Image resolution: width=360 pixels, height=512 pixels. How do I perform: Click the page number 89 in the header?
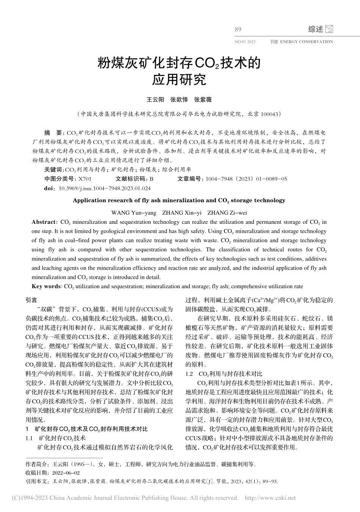pos(238,30)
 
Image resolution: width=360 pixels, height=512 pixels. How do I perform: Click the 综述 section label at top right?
pos(315,29)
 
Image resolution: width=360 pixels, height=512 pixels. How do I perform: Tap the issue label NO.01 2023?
pos(245,42)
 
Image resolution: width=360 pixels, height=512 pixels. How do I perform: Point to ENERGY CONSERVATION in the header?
pos(306,42)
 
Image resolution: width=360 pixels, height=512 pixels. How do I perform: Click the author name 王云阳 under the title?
pos(155,100)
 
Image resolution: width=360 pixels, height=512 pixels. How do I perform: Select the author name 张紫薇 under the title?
pos(203,100)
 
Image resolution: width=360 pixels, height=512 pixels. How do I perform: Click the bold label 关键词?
pos(53,170)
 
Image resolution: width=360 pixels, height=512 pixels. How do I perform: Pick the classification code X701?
pos(85,179)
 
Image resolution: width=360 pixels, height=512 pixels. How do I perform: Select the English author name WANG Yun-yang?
pos(134,213)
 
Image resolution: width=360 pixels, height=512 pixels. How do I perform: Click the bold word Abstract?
pos(44,222)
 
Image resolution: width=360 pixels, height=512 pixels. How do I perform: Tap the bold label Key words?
pos(46,286)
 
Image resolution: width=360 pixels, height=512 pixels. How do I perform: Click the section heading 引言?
pos(31,300)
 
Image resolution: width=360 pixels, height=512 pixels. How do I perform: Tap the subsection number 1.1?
pos(29,438)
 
